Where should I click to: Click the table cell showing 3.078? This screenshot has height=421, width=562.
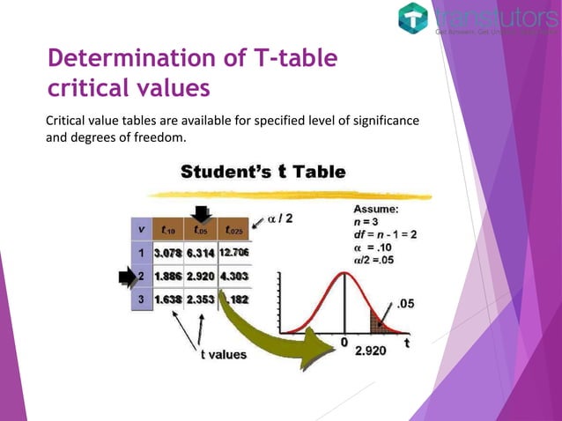click(167, 253)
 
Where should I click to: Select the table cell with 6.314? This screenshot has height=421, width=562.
click(201, 253)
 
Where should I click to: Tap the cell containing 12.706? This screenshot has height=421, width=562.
click(233, 253)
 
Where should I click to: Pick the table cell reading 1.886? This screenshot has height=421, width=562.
click(167, 277)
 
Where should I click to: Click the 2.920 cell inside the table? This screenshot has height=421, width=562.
click(201, 277)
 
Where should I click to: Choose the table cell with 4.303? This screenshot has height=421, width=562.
click(233, 277)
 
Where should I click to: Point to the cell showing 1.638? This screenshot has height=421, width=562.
click(167, 299)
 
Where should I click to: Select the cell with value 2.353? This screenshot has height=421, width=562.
click(201, 299)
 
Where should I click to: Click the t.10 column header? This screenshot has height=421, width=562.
click(167, 230)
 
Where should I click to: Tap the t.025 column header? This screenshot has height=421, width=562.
click(233, 230)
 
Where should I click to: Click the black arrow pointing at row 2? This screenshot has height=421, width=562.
click(125, 278)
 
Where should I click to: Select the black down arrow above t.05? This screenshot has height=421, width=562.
click(202, 212)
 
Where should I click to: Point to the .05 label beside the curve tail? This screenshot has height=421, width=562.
click(407, 304)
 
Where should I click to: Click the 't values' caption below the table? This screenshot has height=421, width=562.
click(221, 355)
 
